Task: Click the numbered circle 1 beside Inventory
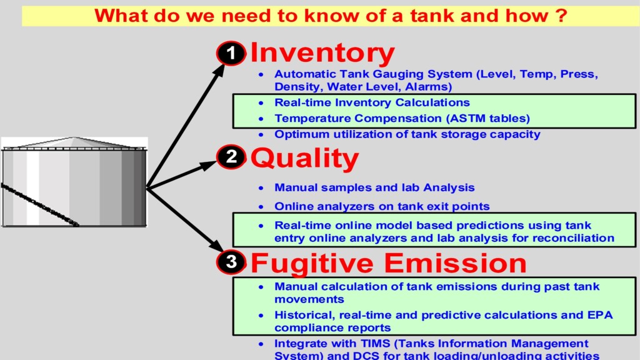[x=231, y=54]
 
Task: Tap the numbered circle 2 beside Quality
[x=231, y=157]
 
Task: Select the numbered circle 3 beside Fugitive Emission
[x=231, y=262]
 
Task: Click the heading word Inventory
[x=322, y=53]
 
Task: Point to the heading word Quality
[x=304, y=159]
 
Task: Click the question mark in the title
[x=561, y=16]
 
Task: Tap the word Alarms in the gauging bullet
[x=426, y=87]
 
